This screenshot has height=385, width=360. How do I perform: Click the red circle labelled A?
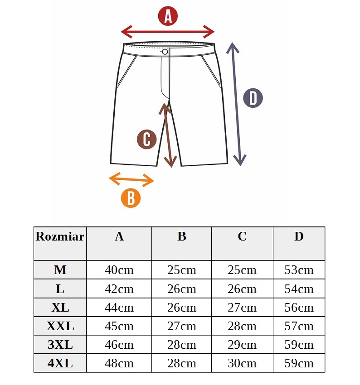168,16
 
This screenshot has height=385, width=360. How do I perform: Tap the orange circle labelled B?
131,198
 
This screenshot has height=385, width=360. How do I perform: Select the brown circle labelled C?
147,139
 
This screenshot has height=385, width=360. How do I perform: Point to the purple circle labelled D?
253,98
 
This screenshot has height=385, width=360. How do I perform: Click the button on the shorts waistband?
165,52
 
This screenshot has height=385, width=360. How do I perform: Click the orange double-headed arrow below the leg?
131,179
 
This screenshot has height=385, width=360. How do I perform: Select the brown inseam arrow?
168,135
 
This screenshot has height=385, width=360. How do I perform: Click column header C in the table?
242,236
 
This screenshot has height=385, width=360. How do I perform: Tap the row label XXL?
60,326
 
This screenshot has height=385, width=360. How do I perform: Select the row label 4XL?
60,363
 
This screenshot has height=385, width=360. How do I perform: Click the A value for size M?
119,270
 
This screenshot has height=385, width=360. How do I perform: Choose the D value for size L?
299,289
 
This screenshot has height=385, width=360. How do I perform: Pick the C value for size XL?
242,308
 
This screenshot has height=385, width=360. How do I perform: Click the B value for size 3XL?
182,345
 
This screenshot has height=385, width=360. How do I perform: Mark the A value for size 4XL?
119,363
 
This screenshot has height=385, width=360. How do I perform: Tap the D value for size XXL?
299,326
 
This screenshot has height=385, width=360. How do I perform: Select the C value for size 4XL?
242,363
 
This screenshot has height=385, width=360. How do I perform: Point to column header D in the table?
299,236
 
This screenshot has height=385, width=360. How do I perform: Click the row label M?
60,270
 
